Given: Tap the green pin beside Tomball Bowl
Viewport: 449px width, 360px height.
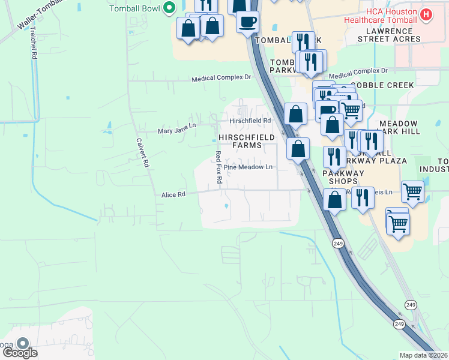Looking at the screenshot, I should tap(169, 8).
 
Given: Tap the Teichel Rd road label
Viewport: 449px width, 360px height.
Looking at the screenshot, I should tap(34, 43).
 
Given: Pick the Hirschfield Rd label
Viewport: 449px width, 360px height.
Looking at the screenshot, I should tap(250, 121).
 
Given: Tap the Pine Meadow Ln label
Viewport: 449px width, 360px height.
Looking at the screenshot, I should tap(248, 167).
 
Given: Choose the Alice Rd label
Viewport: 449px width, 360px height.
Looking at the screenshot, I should tap(173, 194).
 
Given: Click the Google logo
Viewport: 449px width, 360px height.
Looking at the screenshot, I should tap(20, 352).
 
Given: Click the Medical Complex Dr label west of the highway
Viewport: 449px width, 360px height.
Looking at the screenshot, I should tap(221, 79).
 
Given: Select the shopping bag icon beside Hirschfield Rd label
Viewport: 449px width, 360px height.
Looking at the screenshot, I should tap(295, 114).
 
